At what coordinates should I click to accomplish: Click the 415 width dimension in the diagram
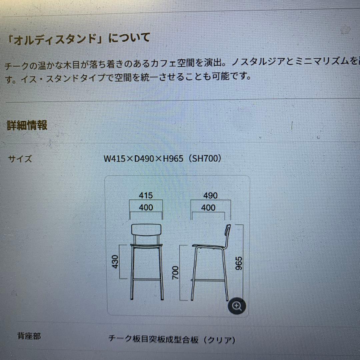tap(146, 195)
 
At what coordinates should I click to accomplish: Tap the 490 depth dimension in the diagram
tap(210, 195)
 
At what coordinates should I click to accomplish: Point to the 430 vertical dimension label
tap(115, 262)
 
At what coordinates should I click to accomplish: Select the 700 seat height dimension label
tap(176, 272)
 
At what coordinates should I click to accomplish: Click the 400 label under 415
tap(146, 208)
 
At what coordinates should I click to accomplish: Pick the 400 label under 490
tap(208, 208)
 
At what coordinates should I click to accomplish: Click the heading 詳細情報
tap(27, 125)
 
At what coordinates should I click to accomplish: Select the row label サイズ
tap(20, 159)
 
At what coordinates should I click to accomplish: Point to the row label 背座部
tap(29, 336)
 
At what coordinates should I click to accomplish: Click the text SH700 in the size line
tap(204, 158)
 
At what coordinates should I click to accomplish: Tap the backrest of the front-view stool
tap(147, 230)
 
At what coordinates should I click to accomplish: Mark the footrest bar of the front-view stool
tap(147, 279)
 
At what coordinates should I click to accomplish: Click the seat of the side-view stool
tap(208, 247)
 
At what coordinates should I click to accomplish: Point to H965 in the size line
tap(173, 158)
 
